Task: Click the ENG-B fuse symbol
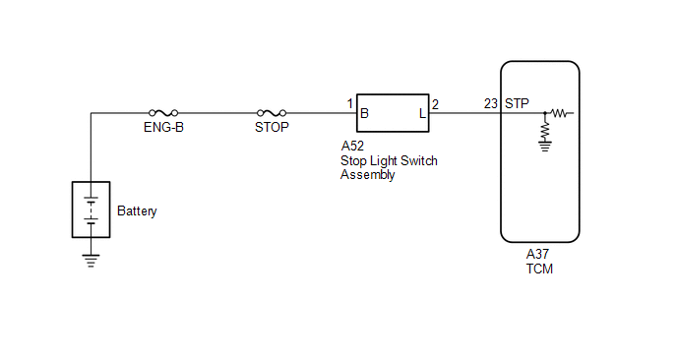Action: (x=163, y=113)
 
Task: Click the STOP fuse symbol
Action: (x=272, y=113)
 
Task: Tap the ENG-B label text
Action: (x=163, y=127)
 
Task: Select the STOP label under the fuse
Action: (x=272, y=127)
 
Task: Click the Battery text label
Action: (x=137, y=211)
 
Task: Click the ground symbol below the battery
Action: (x=91, y=261)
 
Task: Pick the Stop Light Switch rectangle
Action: (x=393, y=94)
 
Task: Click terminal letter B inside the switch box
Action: (x=364, y=113)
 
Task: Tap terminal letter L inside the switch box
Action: (x=422, y=113)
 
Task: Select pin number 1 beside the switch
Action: (x=350, y=103)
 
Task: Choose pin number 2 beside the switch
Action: (x=435, y=104)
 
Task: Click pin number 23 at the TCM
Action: (x=491, y=103)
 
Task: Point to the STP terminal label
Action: (x=517, y=103)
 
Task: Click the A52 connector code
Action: (x=352, y=146)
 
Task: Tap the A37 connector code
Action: (x=537, y=254)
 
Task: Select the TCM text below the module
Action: (x=539, y=269)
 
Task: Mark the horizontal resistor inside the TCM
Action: (x=560, y=113)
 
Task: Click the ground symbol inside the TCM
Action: (x=545, y=147)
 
